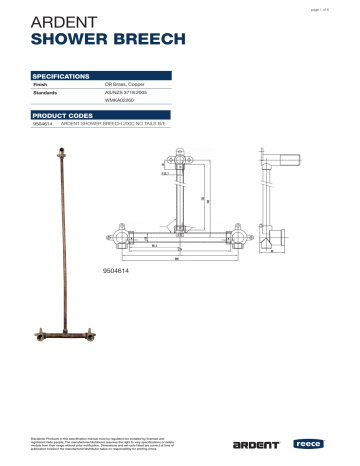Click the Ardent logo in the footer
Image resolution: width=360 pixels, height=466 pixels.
pyautogui.click(x=255, y=443)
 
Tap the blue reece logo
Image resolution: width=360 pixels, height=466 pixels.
pyautogui.click(x=305, y=443)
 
